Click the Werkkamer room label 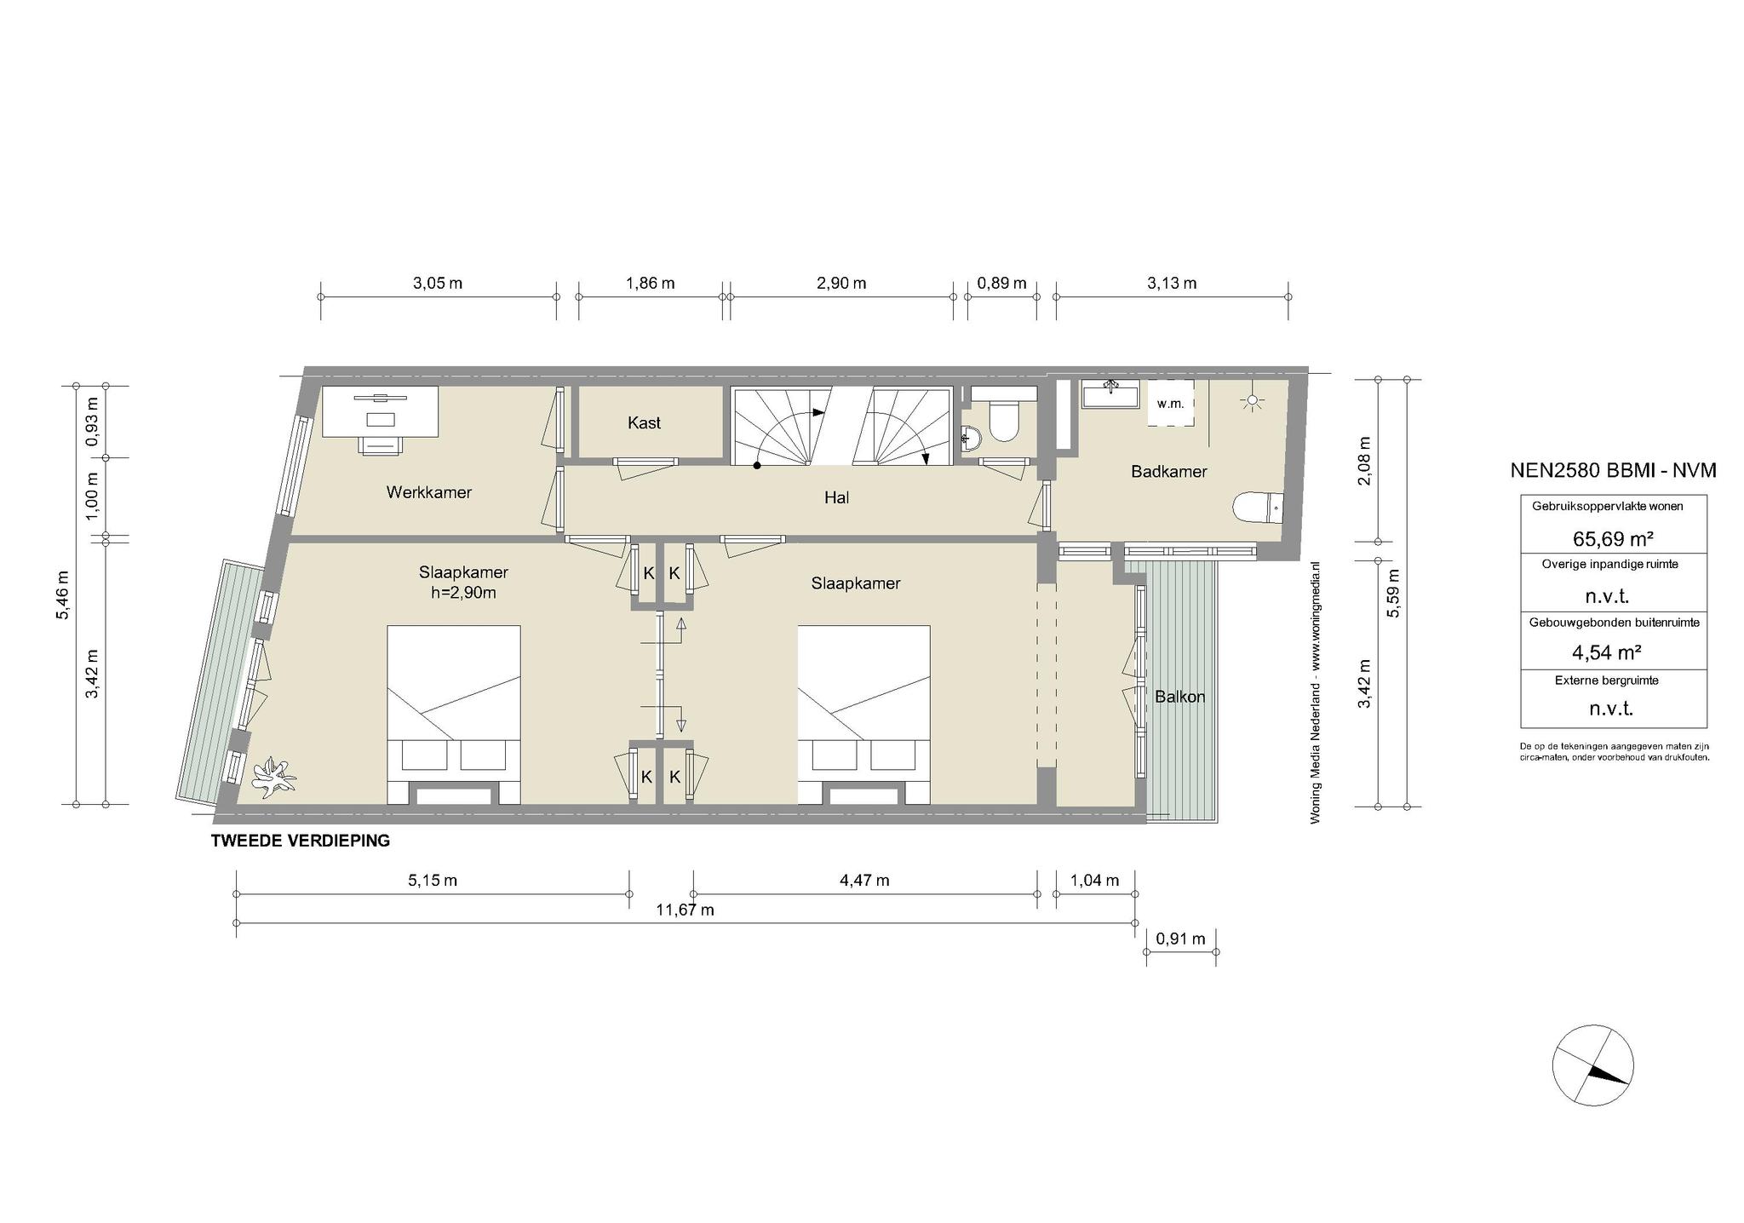point(428,492)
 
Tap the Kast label point(644,422)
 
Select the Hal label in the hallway point(836,497)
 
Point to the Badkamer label point(1168,471)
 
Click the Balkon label point(1179,697)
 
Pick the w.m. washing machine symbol point(1170,404)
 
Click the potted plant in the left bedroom point(273,776)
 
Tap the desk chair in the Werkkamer point(381,445)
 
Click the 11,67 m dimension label point(685,910)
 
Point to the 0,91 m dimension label point(1180,939)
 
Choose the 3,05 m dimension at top point(438,283)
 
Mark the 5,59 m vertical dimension point(1393,593)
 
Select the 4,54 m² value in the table point(1606,652)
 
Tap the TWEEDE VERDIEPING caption point(301,841)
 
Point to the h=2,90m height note point(463,592)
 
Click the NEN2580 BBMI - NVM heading point(1613,470)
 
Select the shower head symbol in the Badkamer point(1251,401)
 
